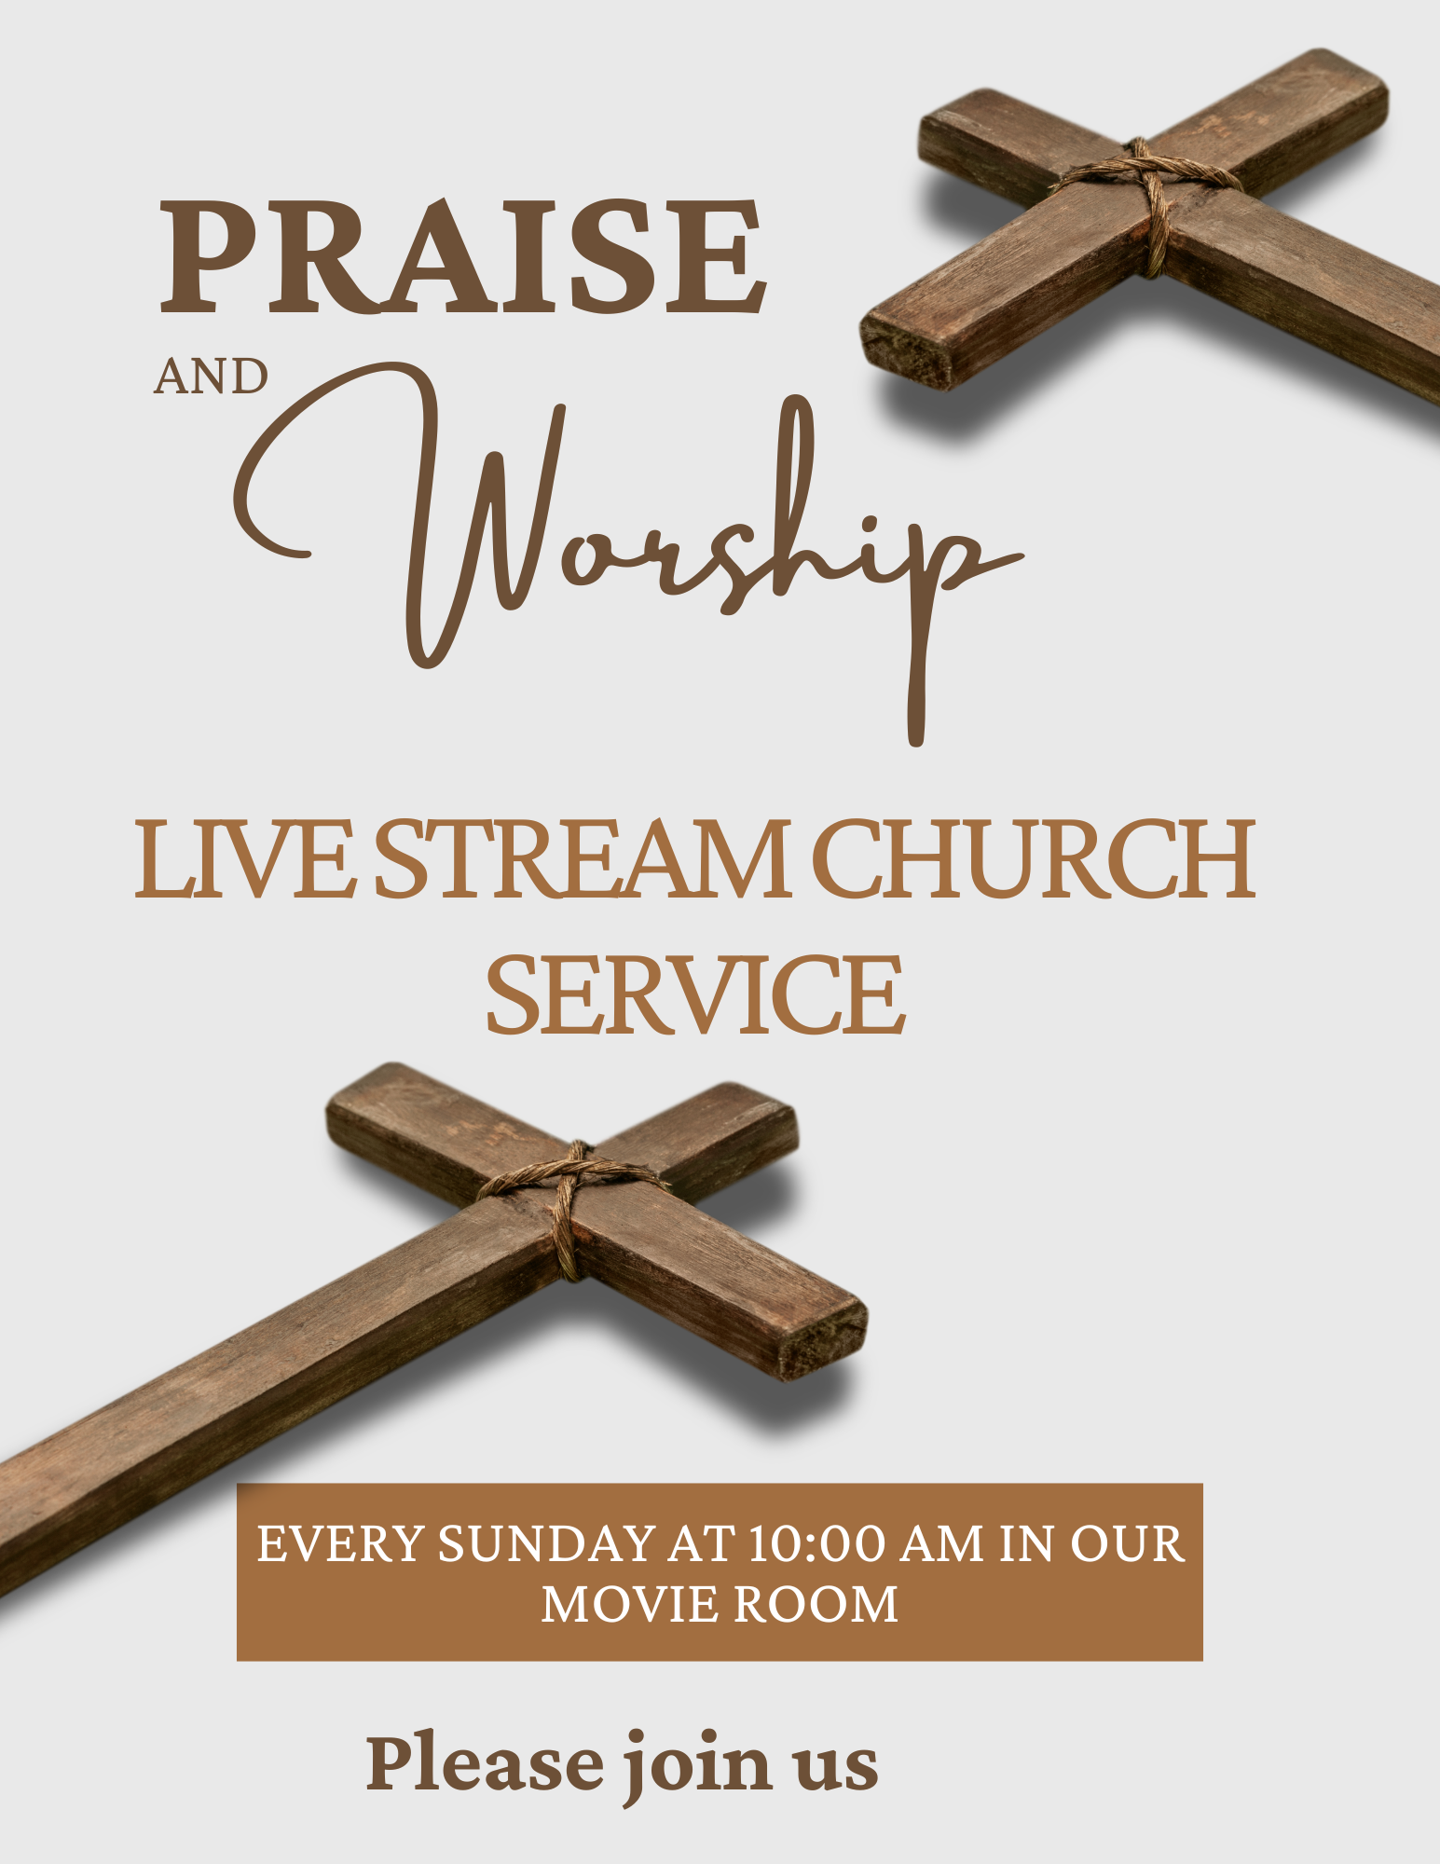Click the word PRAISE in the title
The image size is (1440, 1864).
(x=463, y=256)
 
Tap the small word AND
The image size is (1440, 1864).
(x=211, y=377)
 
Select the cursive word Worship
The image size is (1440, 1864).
(x=629, y=554)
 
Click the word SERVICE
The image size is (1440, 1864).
(x=695, y=994)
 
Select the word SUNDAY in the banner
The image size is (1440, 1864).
(x=547, y=1543)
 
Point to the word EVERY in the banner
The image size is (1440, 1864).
(x=341, y=1543)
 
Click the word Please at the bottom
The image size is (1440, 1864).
(x=485, y=1762)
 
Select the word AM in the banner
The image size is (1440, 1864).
(x=942, y=1543)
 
